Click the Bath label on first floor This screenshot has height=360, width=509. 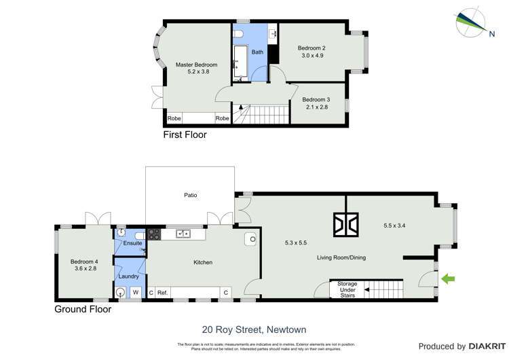(x=257, y=52)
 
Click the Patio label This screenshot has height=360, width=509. (x=191, y=196)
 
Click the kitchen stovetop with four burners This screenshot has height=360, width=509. (x=154, y=234)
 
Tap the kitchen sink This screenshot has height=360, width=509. (x=183, y=234)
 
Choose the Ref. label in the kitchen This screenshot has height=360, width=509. (x=162, y=293)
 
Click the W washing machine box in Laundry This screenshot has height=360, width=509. (x=134, y=293)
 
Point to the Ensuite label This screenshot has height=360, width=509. (x=132, y=242)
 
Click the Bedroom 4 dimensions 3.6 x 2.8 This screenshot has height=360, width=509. (x=83, y=269)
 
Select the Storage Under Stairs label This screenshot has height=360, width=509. (x=343, y=289)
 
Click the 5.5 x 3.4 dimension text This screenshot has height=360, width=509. (x=399, y=224)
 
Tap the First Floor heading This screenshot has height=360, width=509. (x=185, y=135)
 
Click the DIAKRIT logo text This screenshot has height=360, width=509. (x=483, y=346)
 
